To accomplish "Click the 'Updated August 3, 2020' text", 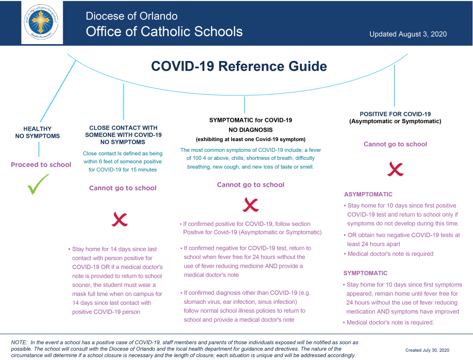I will pos(408,34).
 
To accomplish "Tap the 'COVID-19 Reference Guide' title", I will pos(239,67).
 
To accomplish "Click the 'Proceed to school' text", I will pos(41,165).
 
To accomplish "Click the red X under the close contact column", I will pos(120,219).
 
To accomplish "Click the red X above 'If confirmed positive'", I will pos(250,204).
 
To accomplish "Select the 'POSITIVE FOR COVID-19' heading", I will pos(395,114).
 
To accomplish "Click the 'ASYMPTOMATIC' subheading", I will pos(368,194).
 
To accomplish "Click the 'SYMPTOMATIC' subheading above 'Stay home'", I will pos(365,273).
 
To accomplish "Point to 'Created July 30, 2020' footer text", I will pos(427,350).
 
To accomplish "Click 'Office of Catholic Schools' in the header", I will pos(164,31).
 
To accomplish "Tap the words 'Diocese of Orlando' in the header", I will pos(132,16).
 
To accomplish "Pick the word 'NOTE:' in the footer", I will pos(19,343).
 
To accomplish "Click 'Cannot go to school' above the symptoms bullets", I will pos(250,185).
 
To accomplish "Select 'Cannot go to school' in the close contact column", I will pos(122,188).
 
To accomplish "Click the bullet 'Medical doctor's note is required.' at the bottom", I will pos(390,322).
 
